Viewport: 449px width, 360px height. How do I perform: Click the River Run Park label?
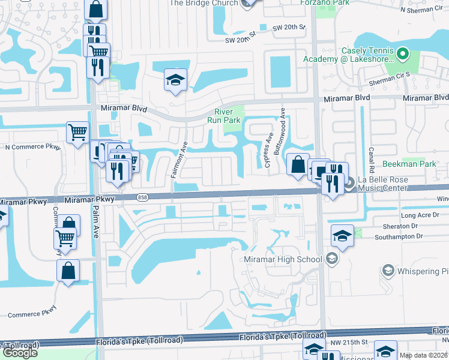coord(228,116)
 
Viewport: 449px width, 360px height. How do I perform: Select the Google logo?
coord(20,352)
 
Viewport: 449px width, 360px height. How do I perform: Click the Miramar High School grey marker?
coord(334,259)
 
